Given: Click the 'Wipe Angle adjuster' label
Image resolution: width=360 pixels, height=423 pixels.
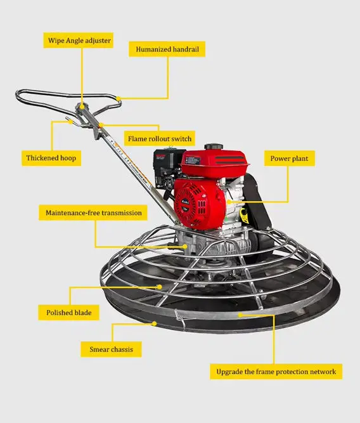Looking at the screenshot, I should (80, 41).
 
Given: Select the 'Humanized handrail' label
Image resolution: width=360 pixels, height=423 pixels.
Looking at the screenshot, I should (167, 49).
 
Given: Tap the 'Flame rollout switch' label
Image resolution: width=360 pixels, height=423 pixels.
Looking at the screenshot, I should (160, 138).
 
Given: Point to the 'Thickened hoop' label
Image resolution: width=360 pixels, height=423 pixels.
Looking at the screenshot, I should (51, 158).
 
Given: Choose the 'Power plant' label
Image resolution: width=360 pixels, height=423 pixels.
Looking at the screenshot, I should (290, 158).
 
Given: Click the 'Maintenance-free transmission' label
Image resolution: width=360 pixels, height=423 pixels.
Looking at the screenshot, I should (94, 212).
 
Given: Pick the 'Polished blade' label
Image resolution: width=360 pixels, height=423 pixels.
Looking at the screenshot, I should (69, 313).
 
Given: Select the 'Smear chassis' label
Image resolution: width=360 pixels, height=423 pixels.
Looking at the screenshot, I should (111, 349).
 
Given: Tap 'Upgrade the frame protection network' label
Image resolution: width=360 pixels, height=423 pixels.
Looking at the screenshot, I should (276, 371).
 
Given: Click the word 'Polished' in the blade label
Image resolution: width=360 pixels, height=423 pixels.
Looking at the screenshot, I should (60, 313).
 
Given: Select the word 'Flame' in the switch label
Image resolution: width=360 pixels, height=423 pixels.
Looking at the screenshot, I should (139, 138).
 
